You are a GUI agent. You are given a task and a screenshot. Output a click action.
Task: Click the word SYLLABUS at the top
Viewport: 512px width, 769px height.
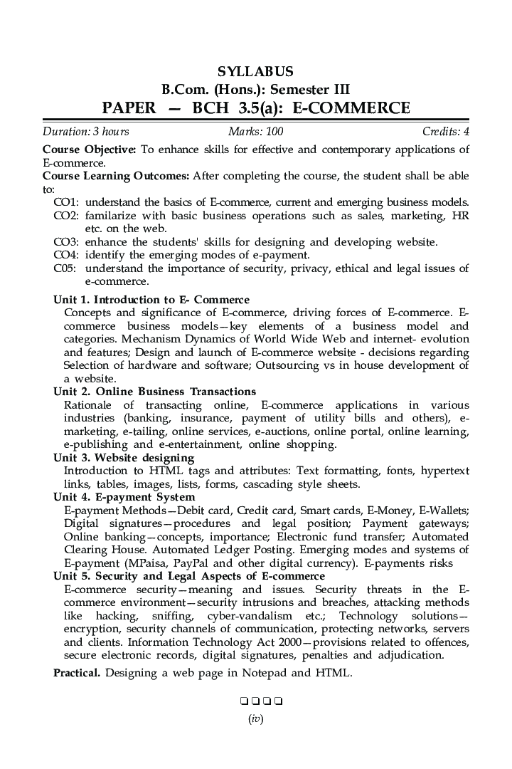pos(255,72)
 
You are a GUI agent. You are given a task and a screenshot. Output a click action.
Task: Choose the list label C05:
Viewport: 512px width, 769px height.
pos(66,268)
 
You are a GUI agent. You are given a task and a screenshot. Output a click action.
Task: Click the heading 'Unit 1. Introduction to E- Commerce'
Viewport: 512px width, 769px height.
pos(151,300)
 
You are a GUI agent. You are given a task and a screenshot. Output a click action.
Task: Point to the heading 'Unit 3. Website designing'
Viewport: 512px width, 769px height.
pos(124,458)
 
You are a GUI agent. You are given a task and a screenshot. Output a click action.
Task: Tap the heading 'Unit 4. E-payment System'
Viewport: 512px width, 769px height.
pos(124,497)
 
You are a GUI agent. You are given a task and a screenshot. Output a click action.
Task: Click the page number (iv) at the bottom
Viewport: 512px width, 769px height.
pos(255,719)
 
